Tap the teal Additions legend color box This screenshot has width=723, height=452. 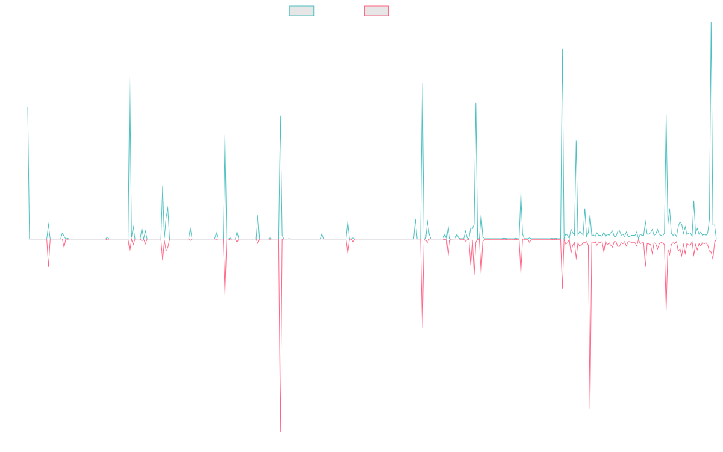point(302,11)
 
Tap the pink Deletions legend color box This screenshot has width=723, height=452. point(377,11)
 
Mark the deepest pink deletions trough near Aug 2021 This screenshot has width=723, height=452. point(280,430)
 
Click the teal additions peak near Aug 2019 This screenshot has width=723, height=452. point(130,77)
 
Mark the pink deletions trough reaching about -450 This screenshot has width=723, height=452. point(589,408)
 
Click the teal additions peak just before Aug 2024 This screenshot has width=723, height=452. point(562,49)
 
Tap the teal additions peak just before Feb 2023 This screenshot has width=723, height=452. point(422,83)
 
